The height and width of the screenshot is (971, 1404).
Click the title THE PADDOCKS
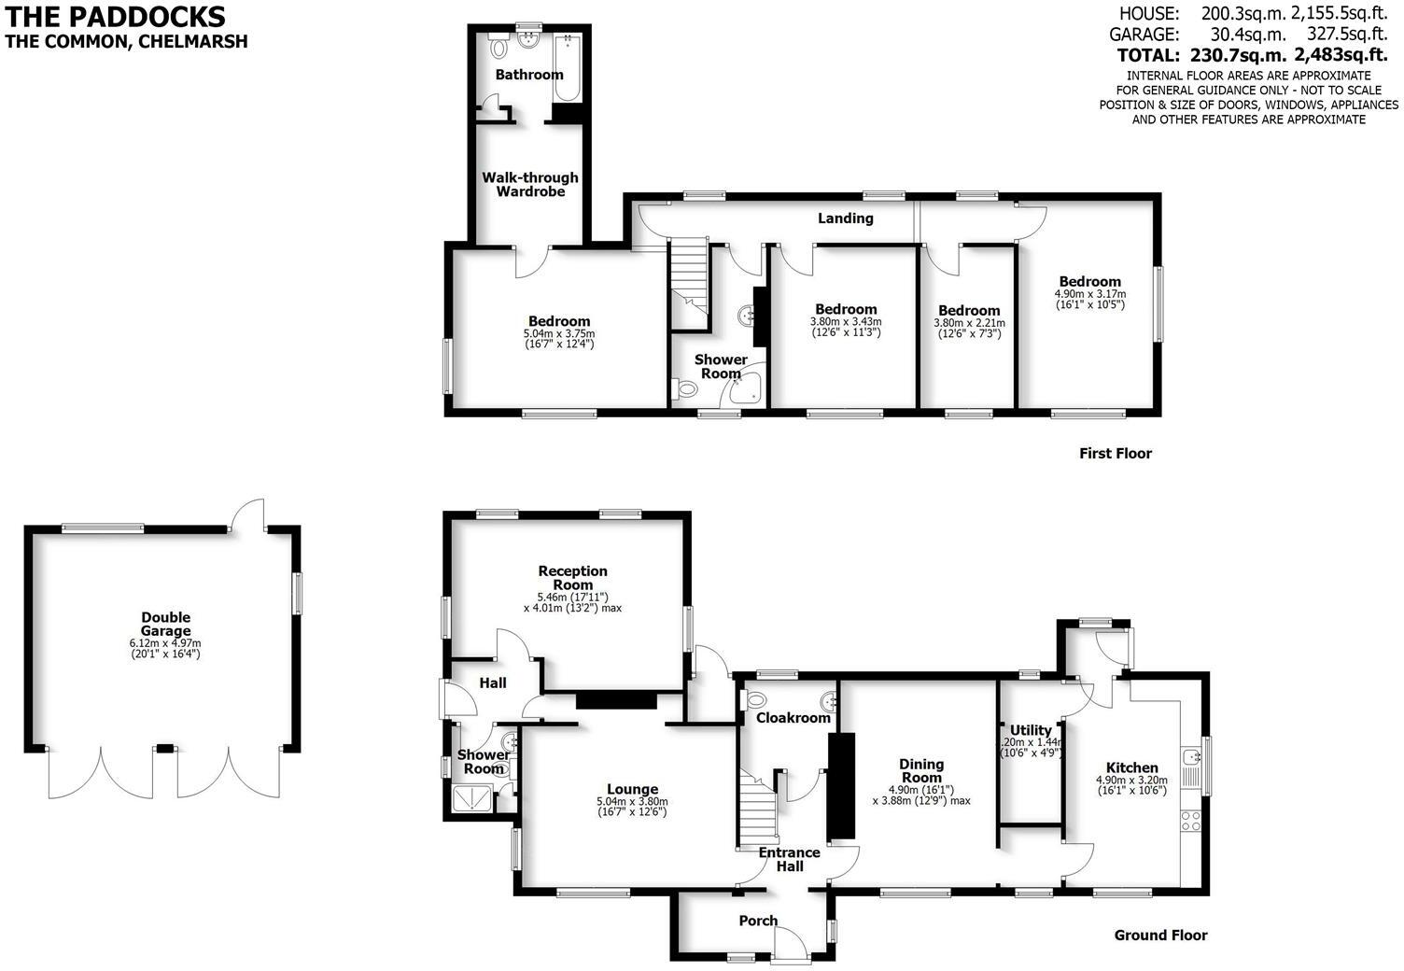(116, 17)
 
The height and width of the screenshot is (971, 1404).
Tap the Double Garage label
(165, 624)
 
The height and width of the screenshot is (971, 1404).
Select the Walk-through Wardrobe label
(530, 184)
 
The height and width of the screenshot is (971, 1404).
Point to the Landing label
(845, 218)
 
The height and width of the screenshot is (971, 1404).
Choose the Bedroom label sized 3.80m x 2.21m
(968, 311)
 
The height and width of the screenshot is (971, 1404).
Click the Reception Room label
(572, 577)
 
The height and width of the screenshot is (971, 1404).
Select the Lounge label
(632, 789)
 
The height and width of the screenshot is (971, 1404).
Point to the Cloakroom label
(793, 718)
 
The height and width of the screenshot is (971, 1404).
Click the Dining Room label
(921, 771)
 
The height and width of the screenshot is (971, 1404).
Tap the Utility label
(1031, 730)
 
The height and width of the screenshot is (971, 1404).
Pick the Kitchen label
(1131, 767)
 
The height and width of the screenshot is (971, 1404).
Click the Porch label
(758, 921)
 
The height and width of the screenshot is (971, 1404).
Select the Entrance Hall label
(789, 859)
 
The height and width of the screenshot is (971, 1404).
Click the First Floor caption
(1115, 454)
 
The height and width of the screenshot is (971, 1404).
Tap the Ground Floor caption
(1160, 936)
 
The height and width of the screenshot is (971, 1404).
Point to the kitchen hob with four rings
(1191, 821)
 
